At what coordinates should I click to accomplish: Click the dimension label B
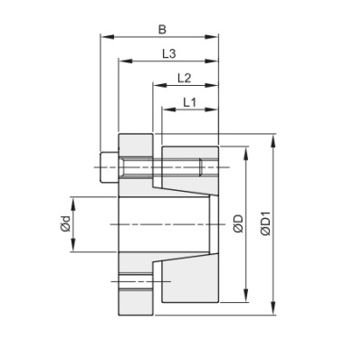(160, 28)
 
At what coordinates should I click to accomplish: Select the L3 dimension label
(168, 53)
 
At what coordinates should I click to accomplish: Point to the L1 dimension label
(189, 102)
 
